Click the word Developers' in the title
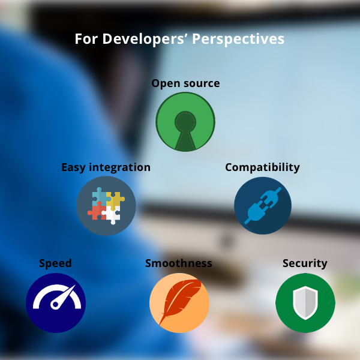(x=145, y=39)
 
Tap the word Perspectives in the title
(x=238, y=39)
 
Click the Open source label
(x=185, y=83)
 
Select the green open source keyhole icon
(x=185, y=122)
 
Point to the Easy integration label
(x=106, y=167)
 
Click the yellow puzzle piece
(x=115, y=200)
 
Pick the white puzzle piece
(x=112, y=215)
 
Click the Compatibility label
(x=262, y=167)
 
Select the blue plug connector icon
(x=263, y=205)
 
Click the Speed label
(x=55, y=263)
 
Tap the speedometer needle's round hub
(x=55, y=304)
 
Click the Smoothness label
(x=179, y=263)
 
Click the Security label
(x=305, y=263)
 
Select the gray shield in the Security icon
(x=305, y=303)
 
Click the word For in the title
(x=86, y=39)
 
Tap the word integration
(x=119, y=167)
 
